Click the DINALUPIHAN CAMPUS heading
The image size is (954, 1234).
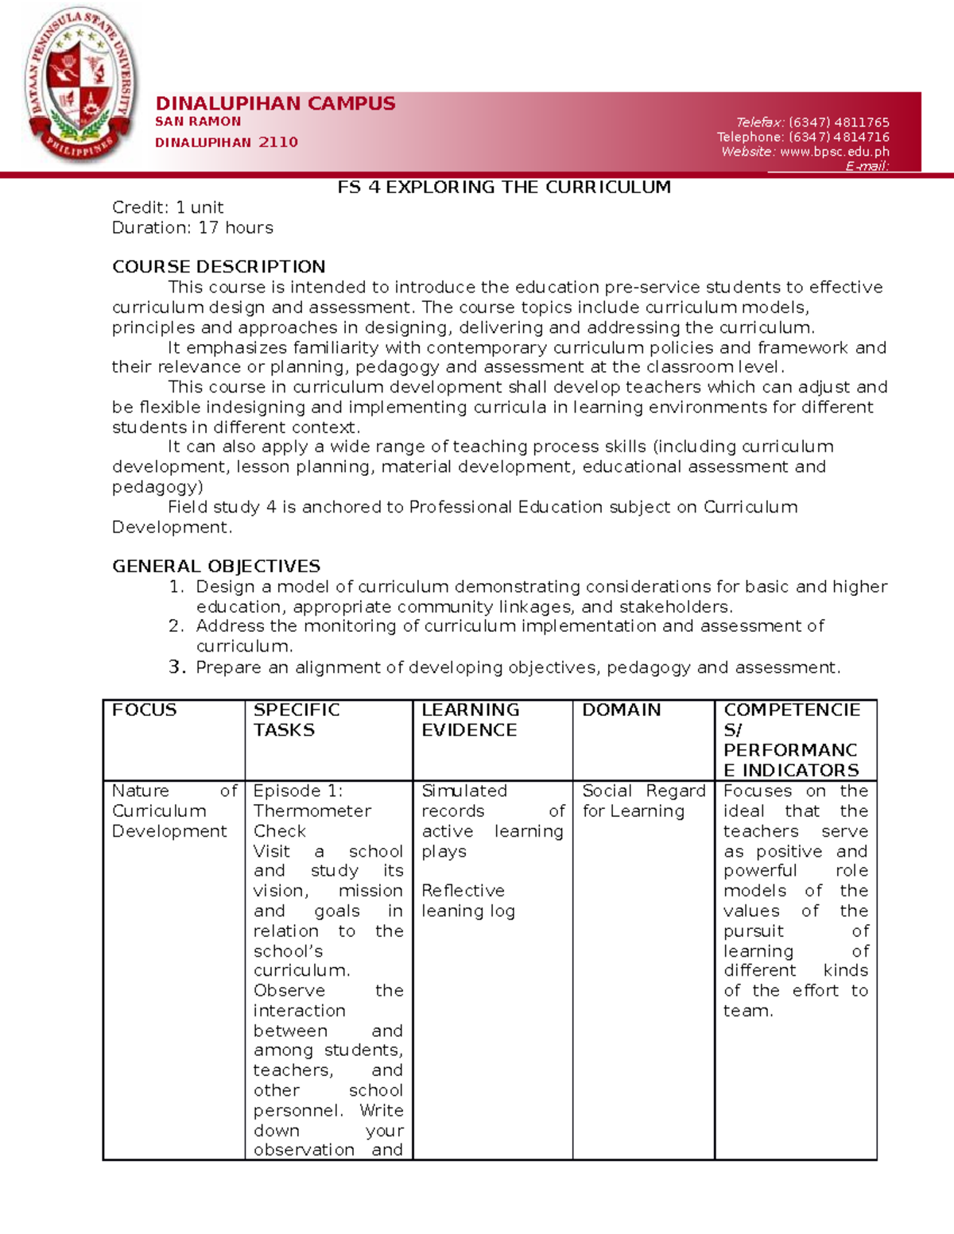[x=275, y=103]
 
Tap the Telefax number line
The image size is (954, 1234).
[x=812, y=122]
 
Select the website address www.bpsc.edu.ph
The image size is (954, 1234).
[x=834, y=152]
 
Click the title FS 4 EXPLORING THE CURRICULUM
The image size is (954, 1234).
[x=504, y=188]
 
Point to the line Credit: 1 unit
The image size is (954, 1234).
[x=168, y=207]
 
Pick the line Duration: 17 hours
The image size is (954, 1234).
[x=192, y=228]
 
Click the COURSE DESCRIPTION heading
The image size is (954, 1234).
[x=219, y=267]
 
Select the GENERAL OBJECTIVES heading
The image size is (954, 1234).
[x=216, y=567]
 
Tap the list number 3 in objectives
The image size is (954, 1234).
[x=176, y=667]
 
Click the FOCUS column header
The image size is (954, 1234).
[x=145, y=710]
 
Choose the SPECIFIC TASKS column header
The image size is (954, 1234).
[x=296, y=720]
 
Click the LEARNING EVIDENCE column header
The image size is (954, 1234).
[x=470, y=720]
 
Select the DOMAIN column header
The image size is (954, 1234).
[x=621, y=710]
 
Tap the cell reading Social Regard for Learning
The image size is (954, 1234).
[x=643, y=801]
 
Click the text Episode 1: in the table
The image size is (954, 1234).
[x=297, y=791]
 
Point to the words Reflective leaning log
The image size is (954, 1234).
[x=468, y=901]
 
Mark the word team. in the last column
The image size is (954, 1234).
[x=747, y=1012]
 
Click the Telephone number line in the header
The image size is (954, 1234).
[x=803, y=137]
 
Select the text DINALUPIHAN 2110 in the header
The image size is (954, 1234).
[x=227, y=142]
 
